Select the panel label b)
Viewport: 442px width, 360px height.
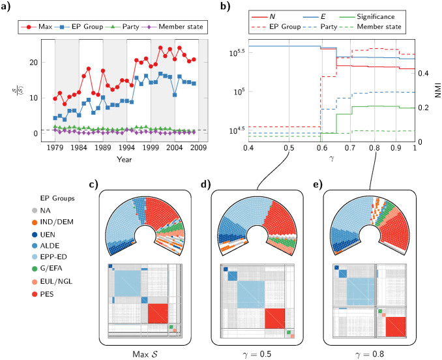[226, 8]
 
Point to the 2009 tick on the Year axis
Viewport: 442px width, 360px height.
[199, 147]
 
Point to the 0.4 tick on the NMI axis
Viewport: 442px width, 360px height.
[423, 73]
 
